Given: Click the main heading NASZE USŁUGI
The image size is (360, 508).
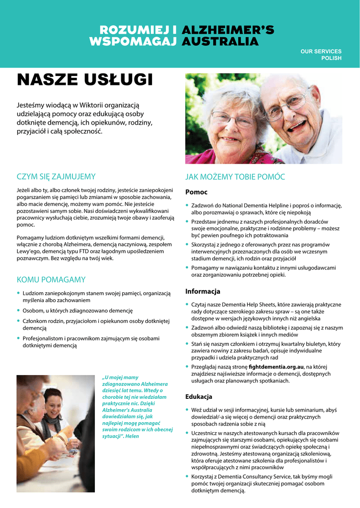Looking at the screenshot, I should click(84, 79).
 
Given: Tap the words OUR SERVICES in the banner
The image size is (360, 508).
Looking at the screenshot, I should click(321, 52).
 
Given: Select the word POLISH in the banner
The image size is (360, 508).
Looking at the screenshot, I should click(331, 59).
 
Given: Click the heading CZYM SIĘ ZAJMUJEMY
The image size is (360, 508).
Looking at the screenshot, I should click(56, 177).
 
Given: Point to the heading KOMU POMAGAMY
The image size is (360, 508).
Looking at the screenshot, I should click(51, 279).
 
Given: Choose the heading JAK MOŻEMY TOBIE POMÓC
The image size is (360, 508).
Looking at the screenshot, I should click(235, 177).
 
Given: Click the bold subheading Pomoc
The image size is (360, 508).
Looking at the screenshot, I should click(196, 192).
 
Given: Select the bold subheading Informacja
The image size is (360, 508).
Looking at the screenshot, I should click(203, 291).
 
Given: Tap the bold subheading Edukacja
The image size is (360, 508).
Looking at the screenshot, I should click(199, 397).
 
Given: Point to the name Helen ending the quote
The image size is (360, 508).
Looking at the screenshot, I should click(133, 436).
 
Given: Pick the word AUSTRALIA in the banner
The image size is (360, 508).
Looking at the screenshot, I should click(220, 42).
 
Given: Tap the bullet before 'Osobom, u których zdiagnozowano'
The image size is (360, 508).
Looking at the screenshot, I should click(19, 311).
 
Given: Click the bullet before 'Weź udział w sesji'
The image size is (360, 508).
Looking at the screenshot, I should click(187, 410).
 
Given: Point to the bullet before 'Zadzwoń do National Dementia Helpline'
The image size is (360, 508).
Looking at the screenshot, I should click(187, 205).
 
